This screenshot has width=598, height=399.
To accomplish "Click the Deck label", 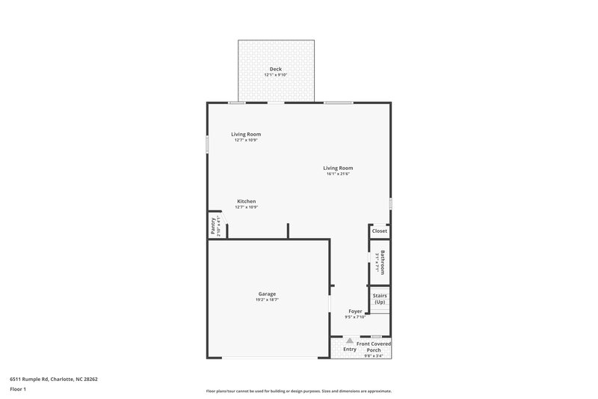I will pyautogui.click(x=276, y=69).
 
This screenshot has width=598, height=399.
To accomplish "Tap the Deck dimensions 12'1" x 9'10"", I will pyautogui.click(x=276, y=75).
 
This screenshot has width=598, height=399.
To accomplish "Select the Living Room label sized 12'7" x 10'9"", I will pyautogui.click(x=245, y=134).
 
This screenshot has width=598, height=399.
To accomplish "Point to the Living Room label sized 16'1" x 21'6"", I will pyautogui.click(x=338, y=168).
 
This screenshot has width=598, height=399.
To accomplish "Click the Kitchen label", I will pyautogui.click(x=247, y=201).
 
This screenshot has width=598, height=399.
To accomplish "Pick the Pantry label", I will pyautogui.click(x=213, y=225).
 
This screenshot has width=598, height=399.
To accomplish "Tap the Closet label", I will pyautogui.click(x=380, y=231).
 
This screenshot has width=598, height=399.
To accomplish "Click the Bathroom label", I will pyautogui.click(x=383, y=262).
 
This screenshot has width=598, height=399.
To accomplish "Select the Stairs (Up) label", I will pyautogui.click(x=380, y=299).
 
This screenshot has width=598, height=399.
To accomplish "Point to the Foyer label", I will pyautogui.click(x=356, y=311).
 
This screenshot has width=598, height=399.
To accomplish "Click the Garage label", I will pyautogui.click(x=268, y=293).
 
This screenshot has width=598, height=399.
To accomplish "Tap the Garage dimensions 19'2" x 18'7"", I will pyautogui.click(x=268, y=299).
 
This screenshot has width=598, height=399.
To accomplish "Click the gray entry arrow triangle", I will pyautogui.click(x=349, y=341).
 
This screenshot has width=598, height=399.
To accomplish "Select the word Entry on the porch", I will pyautogui.click(x=350, y=350).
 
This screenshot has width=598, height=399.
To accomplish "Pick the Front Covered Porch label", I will pyautogui.click(x=374, y=347).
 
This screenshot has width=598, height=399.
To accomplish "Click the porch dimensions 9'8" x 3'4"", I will pyautogui.click(x=374, y=356).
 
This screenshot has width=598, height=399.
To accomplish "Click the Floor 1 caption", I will pyautogui.click(x=19, y=389).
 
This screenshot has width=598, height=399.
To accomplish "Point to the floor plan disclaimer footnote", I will pyautogui.click(x=299, y=391).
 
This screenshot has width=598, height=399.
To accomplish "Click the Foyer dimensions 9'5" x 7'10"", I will pyautogui.click(x=356, y=317).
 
